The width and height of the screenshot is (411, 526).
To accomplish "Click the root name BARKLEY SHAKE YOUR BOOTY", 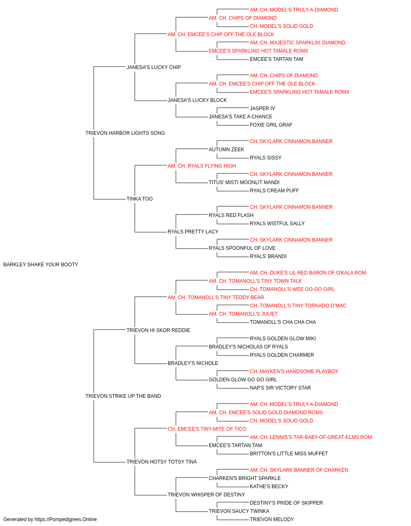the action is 41,265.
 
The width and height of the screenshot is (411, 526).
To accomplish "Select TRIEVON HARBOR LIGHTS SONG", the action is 125,133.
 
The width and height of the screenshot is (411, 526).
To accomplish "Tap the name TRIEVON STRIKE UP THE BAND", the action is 123,396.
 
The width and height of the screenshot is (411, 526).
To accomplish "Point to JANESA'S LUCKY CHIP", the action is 154,67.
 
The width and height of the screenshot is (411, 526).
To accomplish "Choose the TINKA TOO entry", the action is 140,199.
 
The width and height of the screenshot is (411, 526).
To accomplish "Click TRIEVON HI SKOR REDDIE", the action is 158,330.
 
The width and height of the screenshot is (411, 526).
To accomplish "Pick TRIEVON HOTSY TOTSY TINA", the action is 162,462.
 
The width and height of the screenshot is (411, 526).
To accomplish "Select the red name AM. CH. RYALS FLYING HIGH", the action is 202,166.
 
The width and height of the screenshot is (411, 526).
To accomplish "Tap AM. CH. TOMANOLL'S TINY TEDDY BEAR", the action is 216,298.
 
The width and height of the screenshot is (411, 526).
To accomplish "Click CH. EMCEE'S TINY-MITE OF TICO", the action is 207,429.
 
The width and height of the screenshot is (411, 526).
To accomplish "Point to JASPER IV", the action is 262,108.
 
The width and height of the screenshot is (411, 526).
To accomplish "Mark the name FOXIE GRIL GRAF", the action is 271,125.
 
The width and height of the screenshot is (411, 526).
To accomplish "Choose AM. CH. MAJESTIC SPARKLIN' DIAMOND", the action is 298,43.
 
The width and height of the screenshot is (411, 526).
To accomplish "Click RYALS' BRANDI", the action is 268,256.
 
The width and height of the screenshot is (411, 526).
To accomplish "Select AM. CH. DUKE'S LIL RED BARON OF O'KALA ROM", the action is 308,273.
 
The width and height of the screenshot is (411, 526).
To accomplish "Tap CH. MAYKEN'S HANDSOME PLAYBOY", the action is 294,371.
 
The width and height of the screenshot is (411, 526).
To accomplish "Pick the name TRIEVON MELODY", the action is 272,519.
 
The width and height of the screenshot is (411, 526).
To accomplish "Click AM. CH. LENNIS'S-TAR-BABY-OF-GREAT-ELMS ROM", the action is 311,437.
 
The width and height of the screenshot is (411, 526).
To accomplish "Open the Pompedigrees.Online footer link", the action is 66,519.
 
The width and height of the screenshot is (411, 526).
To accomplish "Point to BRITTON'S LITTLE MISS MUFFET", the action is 289,454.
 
